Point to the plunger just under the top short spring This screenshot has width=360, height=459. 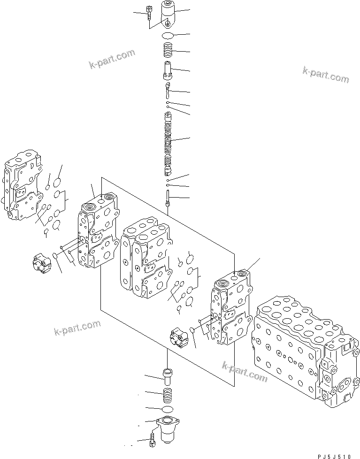(168, 70)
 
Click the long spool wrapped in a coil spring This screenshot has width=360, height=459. (168, 141)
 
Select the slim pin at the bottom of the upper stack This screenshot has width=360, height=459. (168, 197)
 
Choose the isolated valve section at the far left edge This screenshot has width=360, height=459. (21, 185)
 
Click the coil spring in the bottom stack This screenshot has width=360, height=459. (168, 392)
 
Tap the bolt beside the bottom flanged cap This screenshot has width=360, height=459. (153, 441)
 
